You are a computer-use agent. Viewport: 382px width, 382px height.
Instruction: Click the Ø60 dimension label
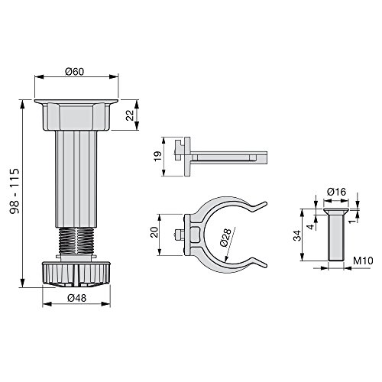pos(74,72)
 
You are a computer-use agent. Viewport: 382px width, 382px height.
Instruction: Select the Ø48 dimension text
pos(77,298)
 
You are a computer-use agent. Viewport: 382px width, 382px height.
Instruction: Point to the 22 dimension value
pos(130,115)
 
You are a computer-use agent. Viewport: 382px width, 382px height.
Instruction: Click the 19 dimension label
pos(158,156)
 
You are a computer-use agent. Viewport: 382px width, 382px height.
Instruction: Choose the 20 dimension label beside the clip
pos(154,232)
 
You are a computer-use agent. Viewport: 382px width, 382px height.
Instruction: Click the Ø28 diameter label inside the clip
pos(225,238)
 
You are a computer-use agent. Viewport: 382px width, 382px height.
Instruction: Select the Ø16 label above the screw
pos(337,192)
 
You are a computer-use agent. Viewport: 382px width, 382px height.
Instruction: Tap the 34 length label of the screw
pos(297,235)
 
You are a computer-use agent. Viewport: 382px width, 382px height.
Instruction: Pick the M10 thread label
pos(363,261)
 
